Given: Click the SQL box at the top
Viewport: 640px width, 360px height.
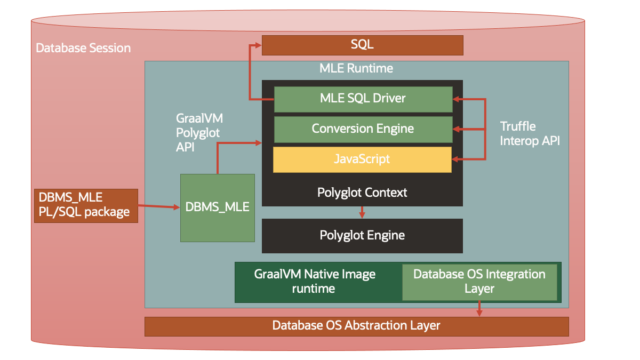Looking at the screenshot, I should pyautogui.click(x=362, y=45).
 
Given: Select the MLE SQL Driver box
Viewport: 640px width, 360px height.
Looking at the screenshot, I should pyautogui.click(x=363, y=99).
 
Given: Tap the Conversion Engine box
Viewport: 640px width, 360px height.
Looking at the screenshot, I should pyautogui.click(x=363, y=129).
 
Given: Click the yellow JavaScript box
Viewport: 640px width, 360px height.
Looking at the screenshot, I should pyautogui.click(x=362, y=159).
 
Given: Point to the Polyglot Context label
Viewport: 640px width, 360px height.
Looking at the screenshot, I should pyautogui.click(x=362, y=193).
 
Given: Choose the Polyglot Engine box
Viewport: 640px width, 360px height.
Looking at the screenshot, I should pyautogui.click(x=362, y=235).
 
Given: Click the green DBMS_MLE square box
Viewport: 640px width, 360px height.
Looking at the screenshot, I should pyautogui.click(x=217, y=207).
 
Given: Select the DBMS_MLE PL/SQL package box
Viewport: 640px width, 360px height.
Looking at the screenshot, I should pyautogui.click(x=85, y=205).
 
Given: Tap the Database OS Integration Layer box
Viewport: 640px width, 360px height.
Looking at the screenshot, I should pyautogui.click(x=479, y=282).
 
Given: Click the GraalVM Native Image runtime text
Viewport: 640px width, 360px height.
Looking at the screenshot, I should pyautogui.click(x=315, y=282).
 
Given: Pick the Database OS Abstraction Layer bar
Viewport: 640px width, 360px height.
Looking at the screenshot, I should pyautogui.click(x=356, y=326).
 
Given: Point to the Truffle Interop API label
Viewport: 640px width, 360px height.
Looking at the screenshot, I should pyautogui.click(x=530, y=134).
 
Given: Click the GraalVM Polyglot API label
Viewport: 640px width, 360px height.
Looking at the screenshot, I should pyautogui.click(x=198, y=133).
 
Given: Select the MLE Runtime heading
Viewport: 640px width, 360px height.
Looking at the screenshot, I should pyautogui.click(x=356, y=68).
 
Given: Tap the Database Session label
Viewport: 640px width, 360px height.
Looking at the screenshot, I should pyautogui.click(x=83, y=48).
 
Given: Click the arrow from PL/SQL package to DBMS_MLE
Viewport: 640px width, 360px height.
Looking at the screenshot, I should pyautogui.click(x=159, y=206).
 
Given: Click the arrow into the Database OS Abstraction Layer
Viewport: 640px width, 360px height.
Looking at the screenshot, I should pyautogui.click(x=479, y=309).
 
